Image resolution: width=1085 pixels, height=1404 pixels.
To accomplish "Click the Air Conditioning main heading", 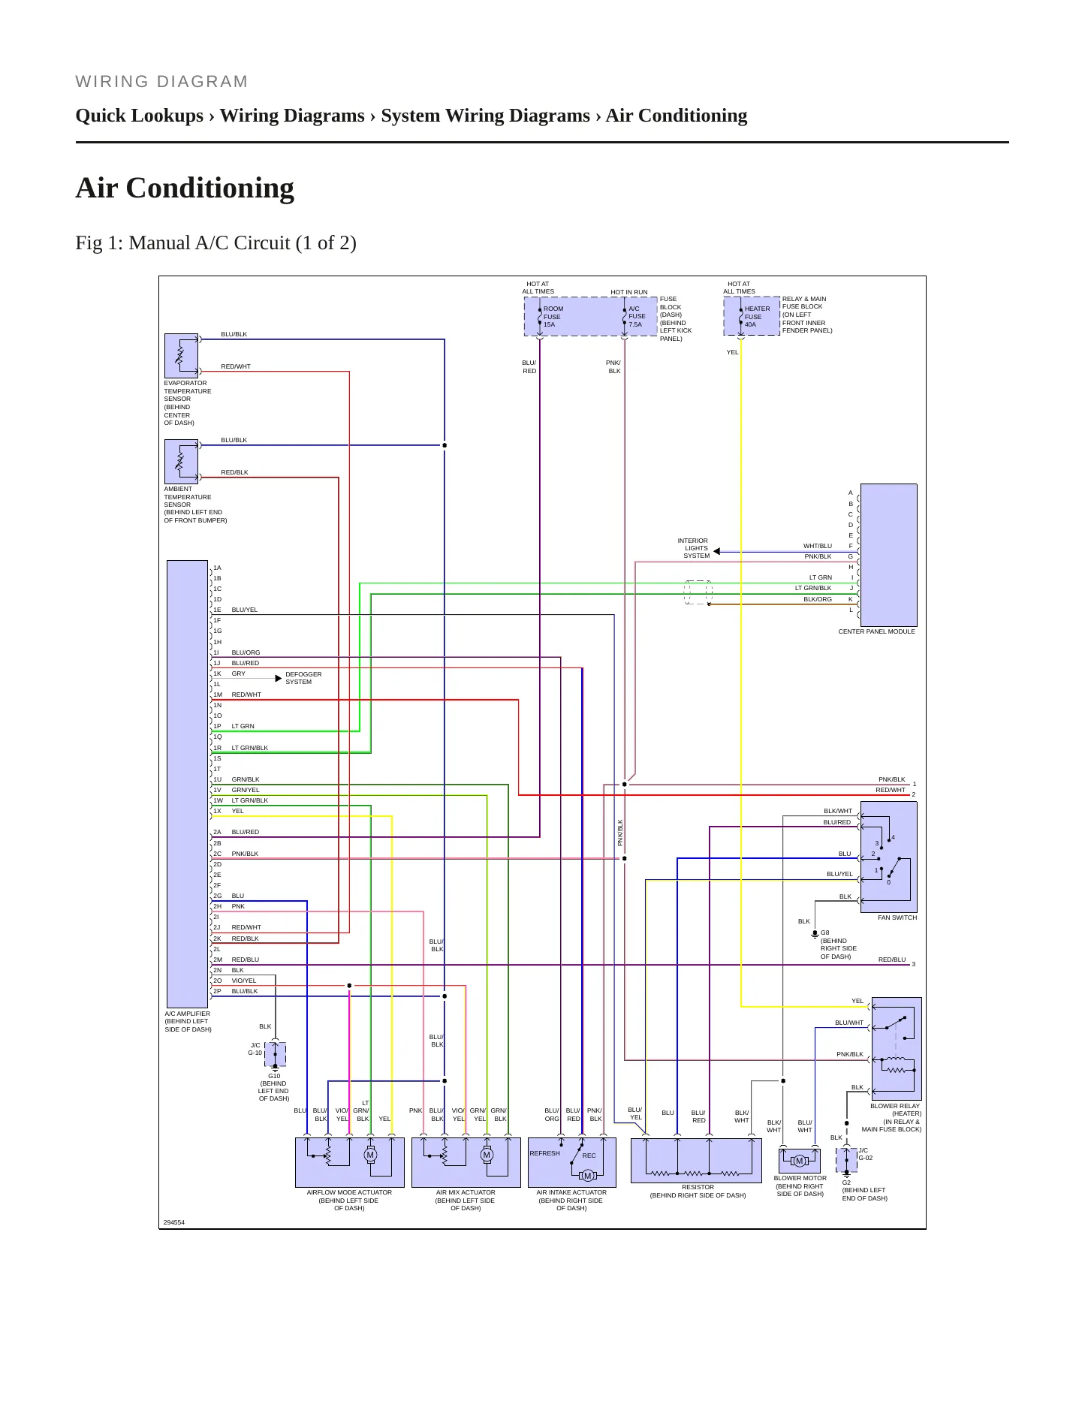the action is pyautogui.click(x=185, y=188).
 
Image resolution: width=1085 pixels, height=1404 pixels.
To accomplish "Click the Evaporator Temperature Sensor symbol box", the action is pyautogui.click(x=181, y=356).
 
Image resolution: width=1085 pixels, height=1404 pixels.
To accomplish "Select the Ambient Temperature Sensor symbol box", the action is pyautogui.click(x=181, y=462).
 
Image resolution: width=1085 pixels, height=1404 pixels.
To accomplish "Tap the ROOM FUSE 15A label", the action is pyautogui.click(x=553, y=317).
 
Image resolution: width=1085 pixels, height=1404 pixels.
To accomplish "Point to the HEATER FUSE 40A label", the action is pyautogui.click(x=757, y=317).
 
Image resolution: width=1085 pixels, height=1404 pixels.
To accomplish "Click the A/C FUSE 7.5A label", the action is pyautogui.click(x=637, y=317).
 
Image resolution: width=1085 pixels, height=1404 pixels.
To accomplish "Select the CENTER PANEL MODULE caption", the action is pyautogui.click(x=876, y=631).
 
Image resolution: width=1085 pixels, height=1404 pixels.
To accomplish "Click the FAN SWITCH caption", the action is pyautogui.click(x=897, y=917).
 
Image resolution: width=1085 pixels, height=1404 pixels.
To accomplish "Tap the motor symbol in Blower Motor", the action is pyautogui.click(x=799, y=1161).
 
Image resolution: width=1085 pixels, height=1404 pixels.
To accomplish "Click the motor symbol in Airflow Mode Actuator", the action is pyautogui.click(x=370, y=1155).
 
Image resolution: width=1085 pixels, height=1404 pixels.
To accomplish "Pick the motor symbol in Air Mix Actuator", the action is pyautogui.click(x=487, y=1155).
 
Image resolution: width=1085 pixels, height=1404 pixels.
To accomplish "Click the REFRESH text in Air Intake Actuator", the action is pyautogui.click(x=544, y=1153).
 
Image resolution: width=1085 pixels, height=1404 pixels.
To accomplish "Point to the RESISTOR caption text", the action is pyautogui.click(x=698, y=1187).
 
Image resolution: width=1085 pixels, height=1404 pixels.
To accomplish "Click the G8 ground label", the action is pyautogui.click(x=824, y=932).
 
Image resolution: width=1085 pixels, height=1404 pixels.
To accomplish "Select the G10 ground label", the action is pyautogui.click(x=274, y=1076).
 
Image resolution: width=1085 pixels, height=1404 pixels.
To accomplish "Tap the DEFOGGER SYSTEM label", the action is pyautogui.click(x=303, y=678).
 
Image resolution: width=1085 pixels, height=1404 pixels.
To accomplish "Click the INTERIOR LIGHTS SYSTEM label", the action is pyautogui.click(x=694, y=548).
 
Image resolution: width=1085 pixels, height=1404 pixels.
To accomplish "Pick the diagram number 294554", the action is pyautogui.click(x=174, y=1222).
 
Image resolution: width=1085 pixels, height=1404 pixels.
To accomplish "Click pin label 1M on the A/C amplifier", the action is pyautogui.click(x=217, y=694).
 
